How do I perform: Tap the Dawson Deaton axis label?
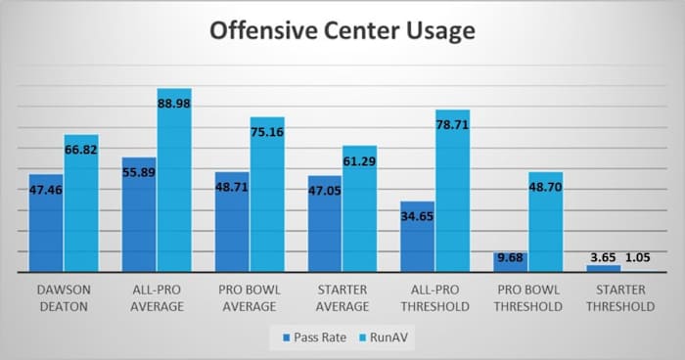64,298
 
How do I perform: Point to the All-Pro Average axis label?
156,298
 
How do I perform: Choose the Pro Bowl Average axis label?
250,298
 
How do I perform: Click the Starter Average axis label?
342,298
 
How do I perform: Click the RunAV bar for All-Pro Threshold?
452,196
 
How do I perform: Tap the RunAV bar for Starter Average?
359,210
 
